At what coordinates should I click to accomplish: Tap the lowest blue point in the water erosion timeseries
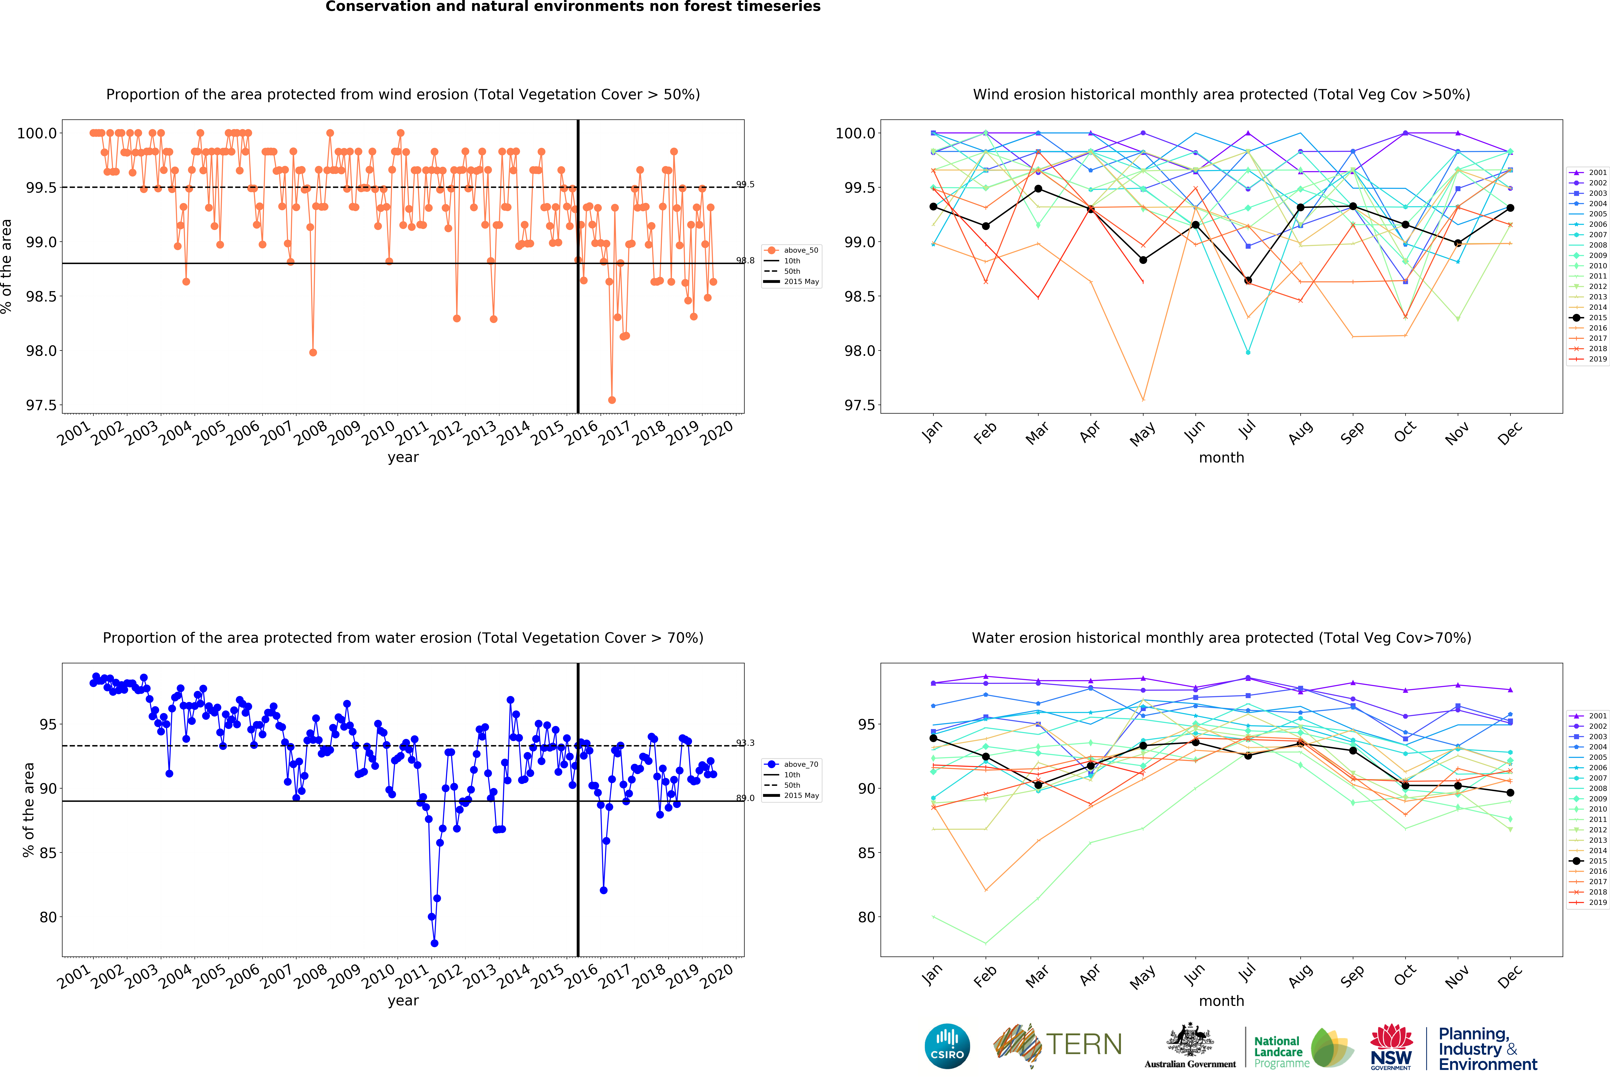pos(434,943)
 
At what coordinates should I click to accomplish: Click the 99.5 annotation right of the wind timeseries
pos(745,184)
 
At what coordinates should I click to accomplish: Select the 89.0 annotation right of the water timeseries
pos(745,798)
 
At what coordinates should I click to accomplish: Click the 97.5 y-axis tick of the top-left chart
pos(41,405)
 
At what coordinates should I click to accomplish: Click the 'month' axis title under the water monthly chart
pos(1221,1001)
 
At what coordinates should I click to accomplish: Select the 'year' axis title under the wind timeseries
pos(403,457)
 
